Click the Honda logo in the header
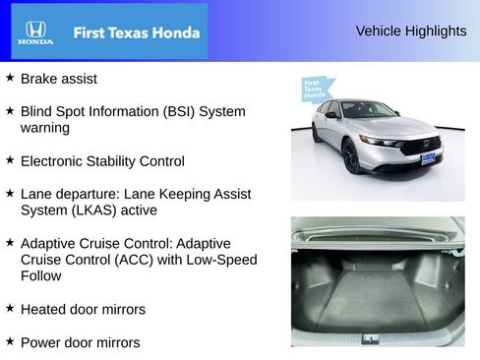coord(35,32)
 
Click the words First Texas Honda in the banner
coord(136,32)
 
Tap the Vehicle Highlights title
coord(411,31)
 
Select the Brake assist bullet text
coord(59,78)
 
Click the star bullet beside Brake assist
coord(10,77)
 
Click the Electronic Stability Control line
coord(102,160)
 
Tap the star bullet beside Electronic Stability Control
coord(10,159)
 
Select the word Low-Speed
coord(224,260)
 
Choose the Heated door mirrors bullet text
coord(83,309)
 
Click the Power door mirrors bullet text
coord(80,342)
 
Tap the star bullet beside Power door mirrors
coord(10,341)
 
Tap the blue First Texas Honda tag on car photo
coord(313,90)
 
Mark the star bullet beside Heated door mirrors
coord(10,308)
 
